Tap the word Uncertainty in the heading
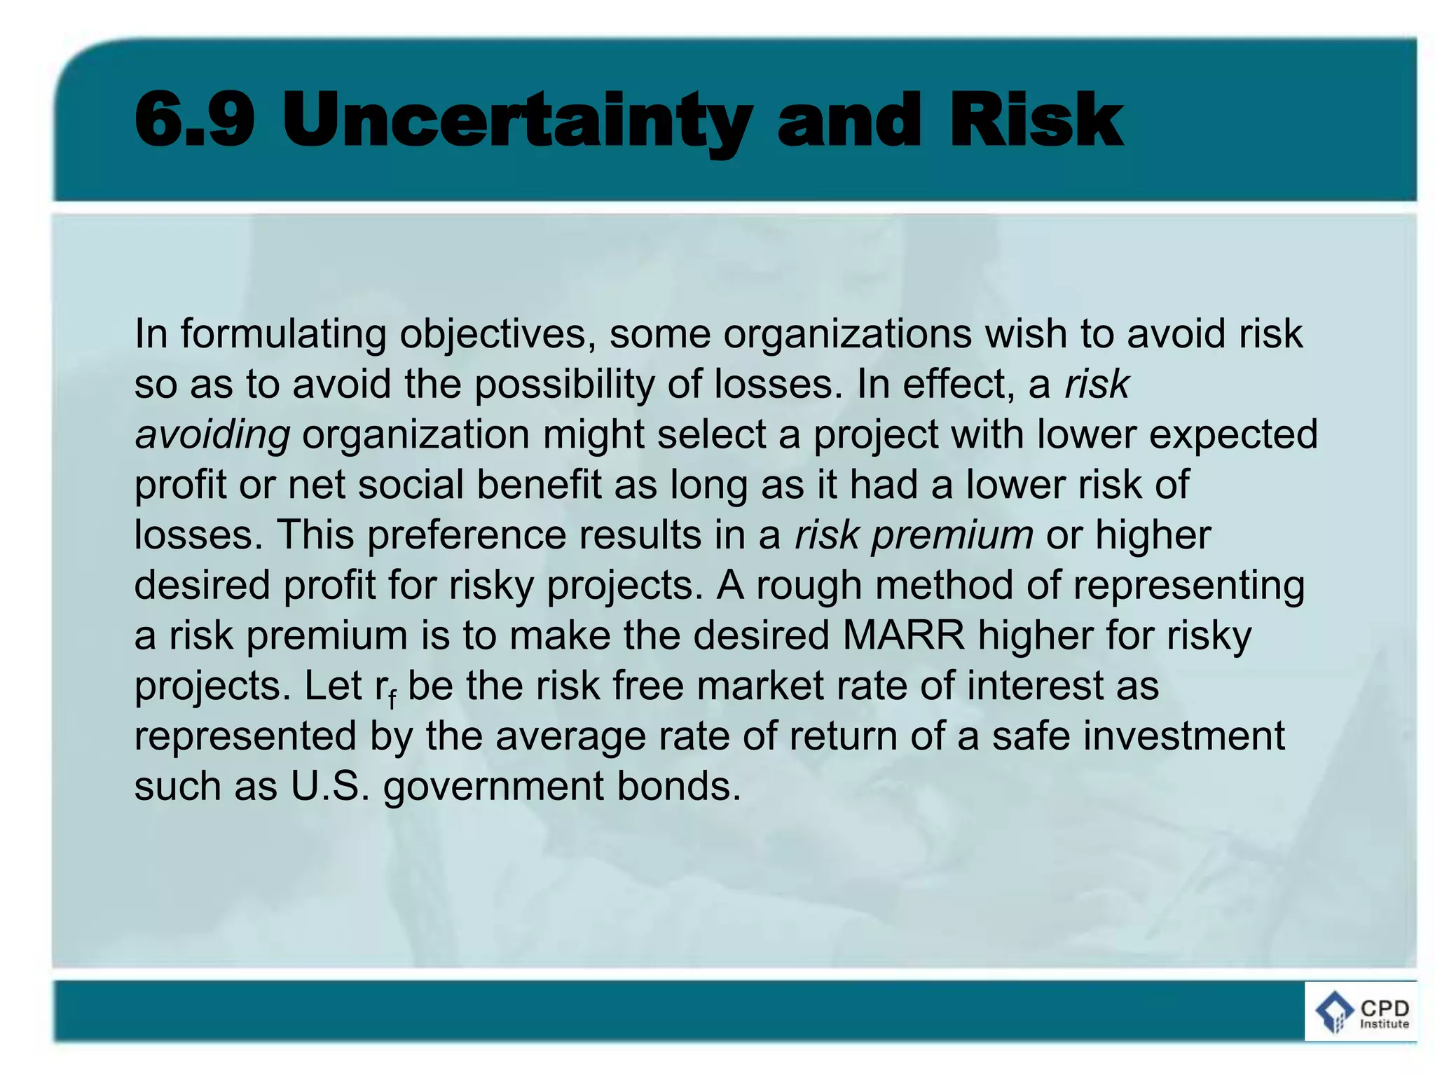[x=517, y=122]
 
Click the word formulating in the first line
[x=284, y=334]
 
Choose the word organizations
[x=847, y=334]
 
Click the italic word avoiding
[x=212, y=435]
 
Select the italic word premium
[x=952, y=535]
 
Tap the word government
[x=493, y=787]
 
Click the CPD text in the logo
[x=1385, y=1009]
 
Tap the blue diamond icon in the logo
[x=1334, y=1012]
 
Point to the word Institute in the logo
[x=1385, y=1024]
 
